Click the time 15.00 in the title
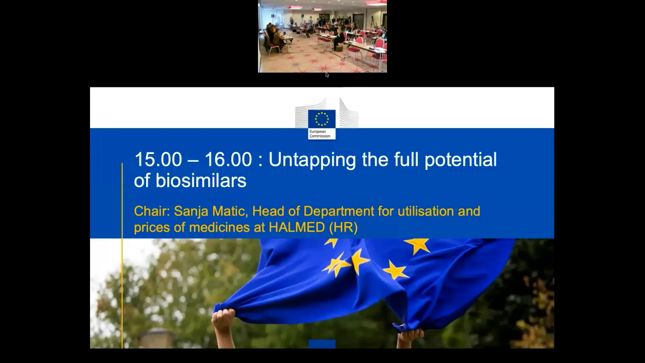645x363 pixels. pos(158,159)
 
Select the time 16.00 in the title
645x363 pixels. pos(228,159)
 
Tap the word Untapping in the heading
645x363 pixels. pos(312,160)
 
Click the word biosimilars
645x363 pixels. pos(201,181)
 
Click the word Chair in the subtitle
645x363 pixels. pos(152,211)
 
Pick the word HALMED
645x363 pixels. pos(297,228)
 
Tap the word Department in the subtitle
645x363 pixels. pos(339,212)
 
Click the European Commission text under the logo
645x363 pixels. pos(320,134)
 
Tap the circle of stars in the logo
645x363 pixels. pos(321,119)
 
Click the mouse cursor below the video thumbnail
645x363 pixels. pos(327,75)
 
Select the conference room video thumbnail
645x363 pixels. pos(322,36)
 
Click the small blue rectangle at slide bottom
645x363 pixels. pos(322,344)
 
